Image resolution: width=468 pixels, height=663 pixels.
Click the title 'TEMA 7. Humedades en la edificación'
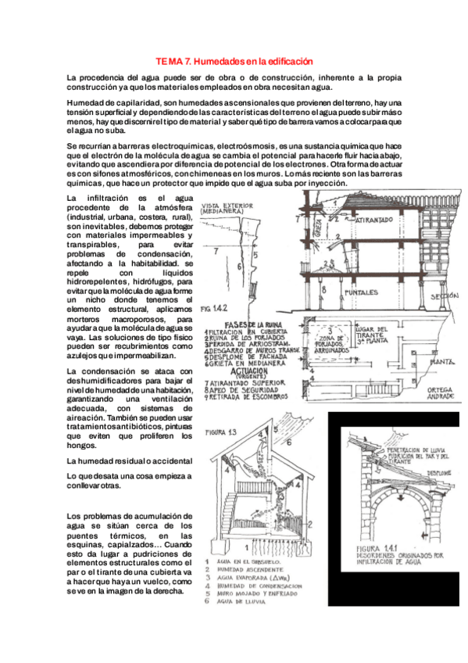pos(234,60)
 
